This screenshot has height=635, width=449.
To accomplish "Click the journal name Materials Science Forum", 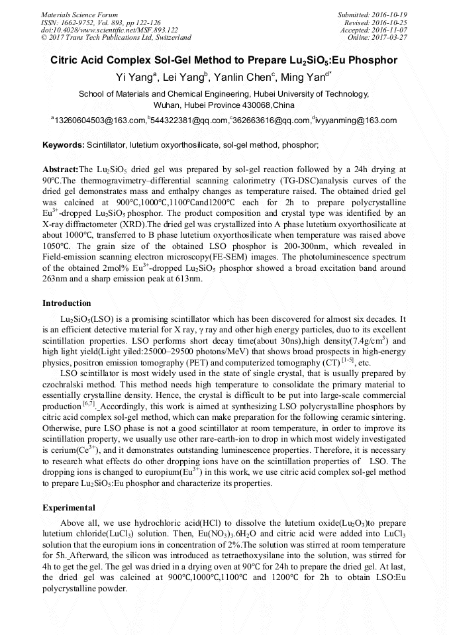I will (x=79, y=14).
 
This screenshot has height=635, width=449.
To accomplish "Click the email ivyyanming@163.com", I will (x=356, y=121).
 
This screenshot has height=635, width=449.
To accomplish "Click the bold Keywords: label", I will (x=64, y=144).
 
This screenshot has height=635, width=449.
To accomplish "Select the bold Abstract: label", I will (x=60, y=170).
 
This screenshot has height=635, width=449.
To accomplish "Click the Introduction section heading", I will (x=67, y=303).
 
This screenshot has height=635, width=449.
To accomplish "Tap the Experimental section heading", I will (x=68, y=508).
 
